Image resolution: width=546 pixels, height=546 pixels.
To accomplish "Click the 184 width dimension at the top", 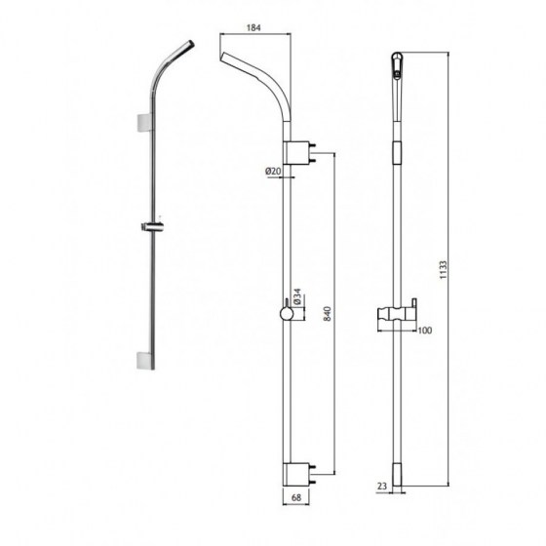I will coord(254,29).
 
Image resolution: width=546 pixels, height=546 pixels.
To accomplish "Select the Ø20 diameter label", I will coord(272,172).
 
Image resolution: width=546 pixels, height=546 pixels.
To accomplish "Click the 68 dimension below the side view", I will coord(298,498).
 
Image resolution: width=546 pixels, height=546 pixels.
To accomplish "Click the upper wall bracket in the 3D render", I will coord(143,124).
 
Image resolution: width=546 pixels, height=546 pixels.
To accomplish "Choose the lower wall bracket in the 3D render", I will coord(143,360).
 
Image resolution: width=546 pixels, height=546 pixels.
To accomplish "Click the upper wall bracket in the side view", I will coord(296,152).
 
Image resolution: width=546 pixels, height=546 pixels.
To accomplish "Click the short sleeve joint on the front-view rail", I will coord(397,151).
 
